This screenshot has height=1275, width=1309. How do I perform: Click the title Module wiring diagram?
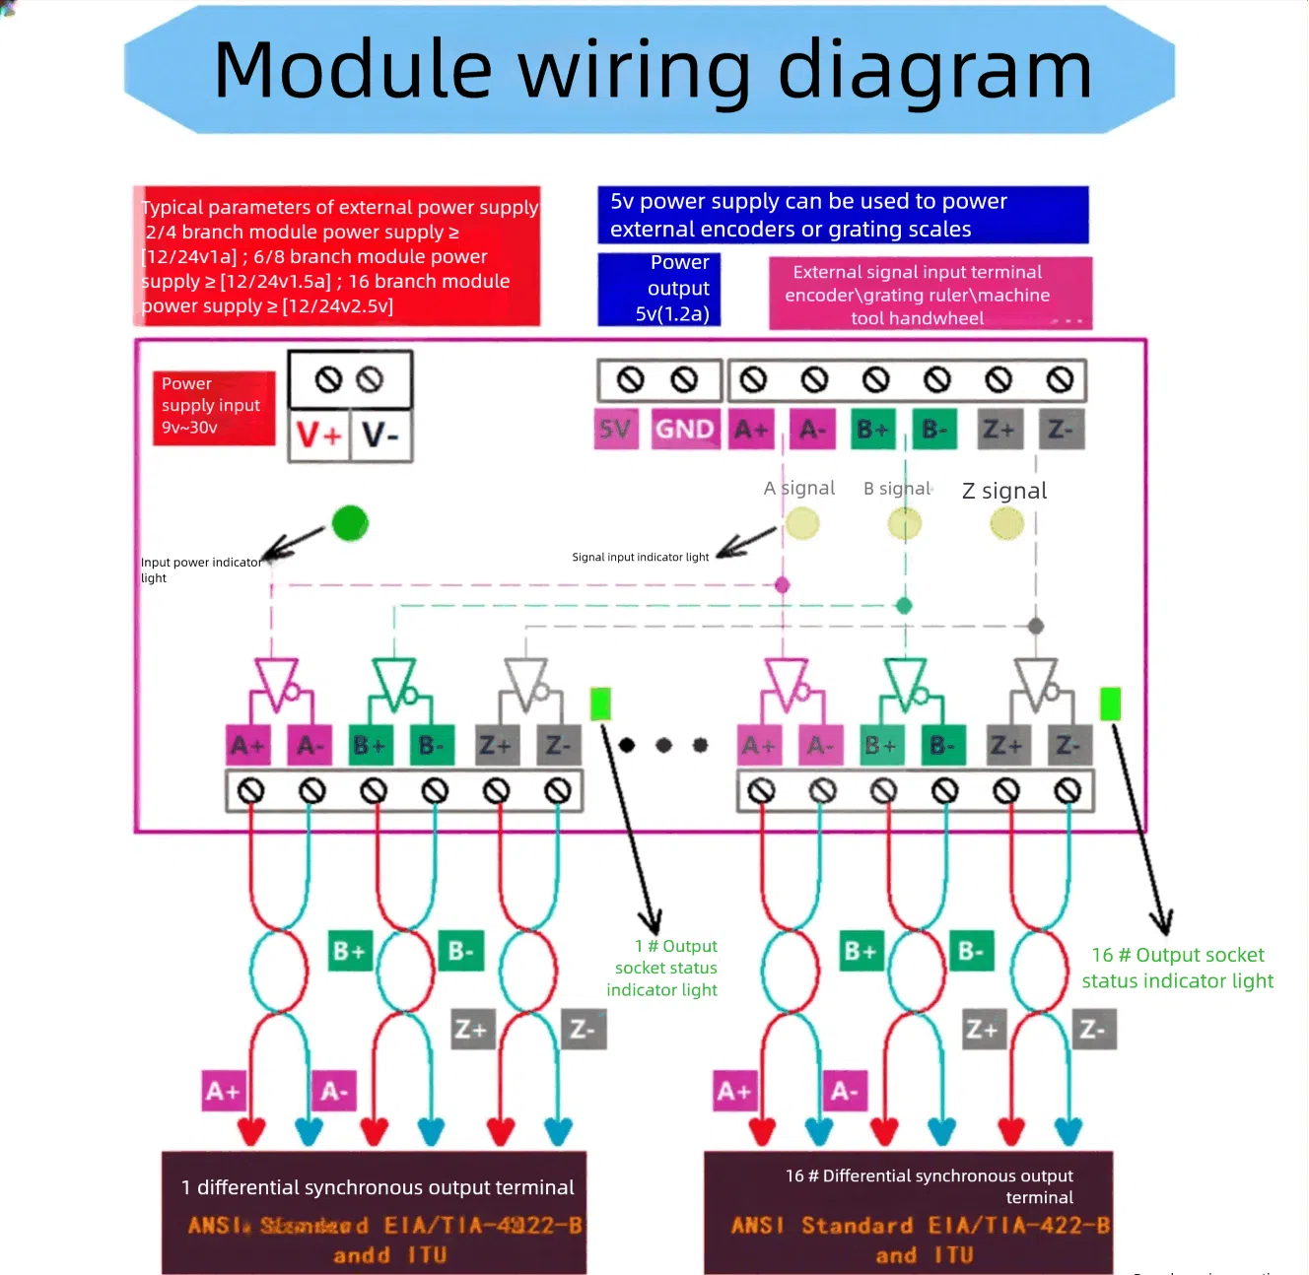(653, 70)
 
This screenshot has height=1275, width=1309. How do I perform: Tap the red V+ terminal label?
(318, 435)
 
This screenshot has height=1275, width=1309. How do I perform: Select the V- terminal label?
(380, 435)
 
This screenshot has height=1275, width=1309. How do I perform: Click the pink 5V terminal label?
(616, 430)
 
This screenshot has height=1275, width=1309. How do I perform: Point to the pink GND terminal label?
(685, 430)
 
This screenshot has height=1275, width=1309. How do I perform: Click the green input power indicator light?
(350, 523)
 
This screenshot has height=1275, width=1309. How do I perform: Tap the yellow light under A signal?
(802, 523)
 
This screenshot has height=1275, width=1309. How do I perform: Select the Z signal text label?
(1003, 491)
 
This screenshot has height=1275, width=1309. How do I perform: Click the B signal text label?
(897, 488)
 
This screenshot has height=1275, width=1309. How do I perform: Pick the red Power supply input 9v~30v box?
(213, 407)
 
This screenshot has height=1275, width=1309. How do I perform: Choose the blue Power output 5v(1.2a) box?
(659, 289)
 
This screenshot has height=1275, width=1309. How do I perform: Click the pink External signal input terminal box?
(930, 294)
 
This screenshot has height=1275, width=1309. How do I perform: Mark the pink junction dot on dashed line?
(783, 585)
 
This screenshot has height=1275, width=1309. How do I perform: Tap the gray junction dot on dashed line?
(1036, 626)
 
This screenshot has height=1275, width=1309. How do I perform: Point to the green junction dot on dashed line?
(904, 606)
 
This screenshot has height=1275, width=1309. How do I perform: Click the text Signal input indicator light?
(641, 558)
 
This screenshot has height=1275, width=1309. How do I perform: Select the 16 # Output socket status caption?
(1178, 968)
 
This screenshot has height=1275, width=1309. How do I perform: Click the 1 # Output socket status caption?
(663, 968)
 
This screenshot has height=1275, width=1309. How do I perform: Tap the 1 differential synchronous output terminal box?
(375, 1212)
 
